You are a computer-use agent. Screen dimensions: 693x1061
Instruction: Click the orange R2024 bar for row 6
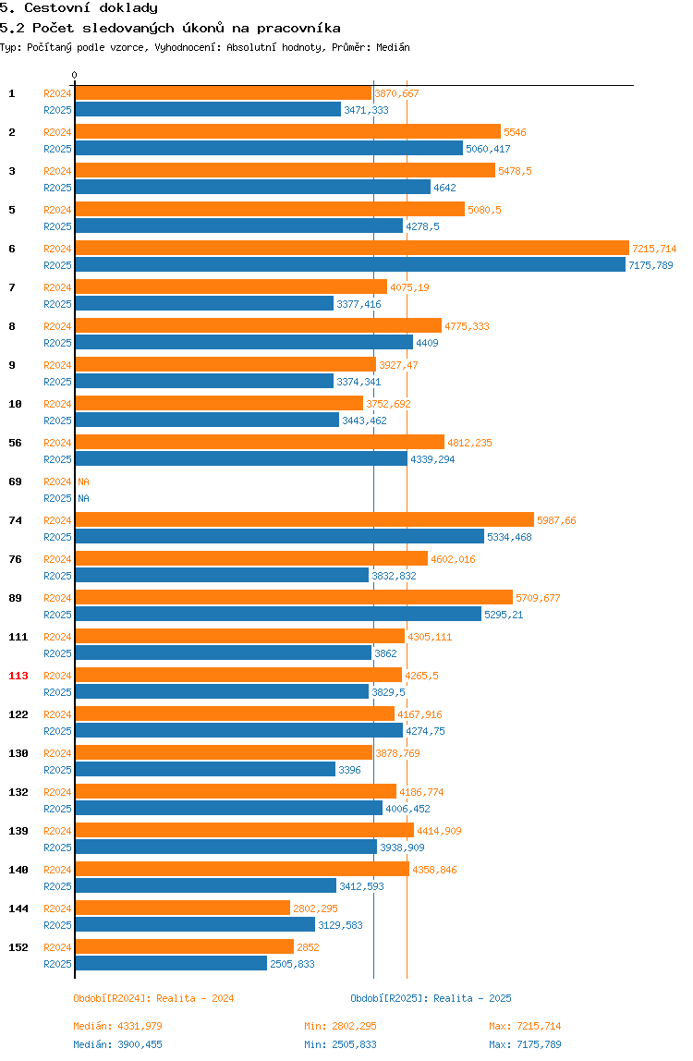coord(352,249)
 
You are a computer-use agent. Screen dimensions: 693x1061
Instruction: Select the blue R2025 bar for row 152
coord(171,964)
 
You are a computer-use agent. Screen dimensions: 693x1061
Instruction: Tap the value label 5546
coord(515,132)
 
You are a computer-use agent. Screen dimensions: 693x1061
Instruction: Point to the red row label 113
coord(18,676)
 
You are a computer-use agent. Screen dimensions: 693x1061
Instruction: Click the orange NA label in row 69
coord(83,482)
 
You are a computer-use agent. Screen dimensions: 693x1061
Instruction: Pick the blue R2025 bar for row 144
coord(195,925)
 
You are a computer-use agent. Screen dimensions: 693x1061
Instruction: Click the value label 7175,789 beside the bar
coord(651,265)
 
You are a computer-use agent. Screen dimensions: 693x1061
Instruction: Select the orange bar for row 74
coord(305,519)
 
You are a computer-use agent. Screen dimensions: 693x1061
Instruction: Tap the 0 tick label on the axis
coord(75,75)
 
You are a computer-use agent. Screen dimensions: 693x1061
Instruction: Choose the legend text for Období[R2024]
coord(153,998)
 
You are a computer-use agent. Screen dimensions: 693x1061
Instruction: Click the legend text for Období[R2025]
coord(432,998)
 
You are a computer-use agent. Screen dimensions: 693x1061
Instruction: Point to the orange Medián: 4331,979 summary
coord(117,1026)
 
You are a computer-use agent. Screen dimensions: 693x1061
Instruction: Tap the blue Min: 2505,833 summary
coord(340,1044)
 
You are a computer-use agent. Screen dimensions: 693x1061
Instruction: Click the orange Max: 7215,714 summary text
coord(525,1026)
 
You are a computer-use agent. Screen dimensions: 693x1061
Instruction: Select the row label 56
coord(15,443)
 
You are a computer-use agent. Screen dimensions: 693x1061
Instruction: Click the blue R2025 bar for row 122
coord(239,731)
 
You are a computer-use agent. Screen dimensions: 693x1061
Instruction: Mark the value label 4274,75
coord(426,731)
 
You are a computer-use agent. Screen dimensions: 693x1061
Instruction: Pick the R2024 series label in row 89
coord(57,598)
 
